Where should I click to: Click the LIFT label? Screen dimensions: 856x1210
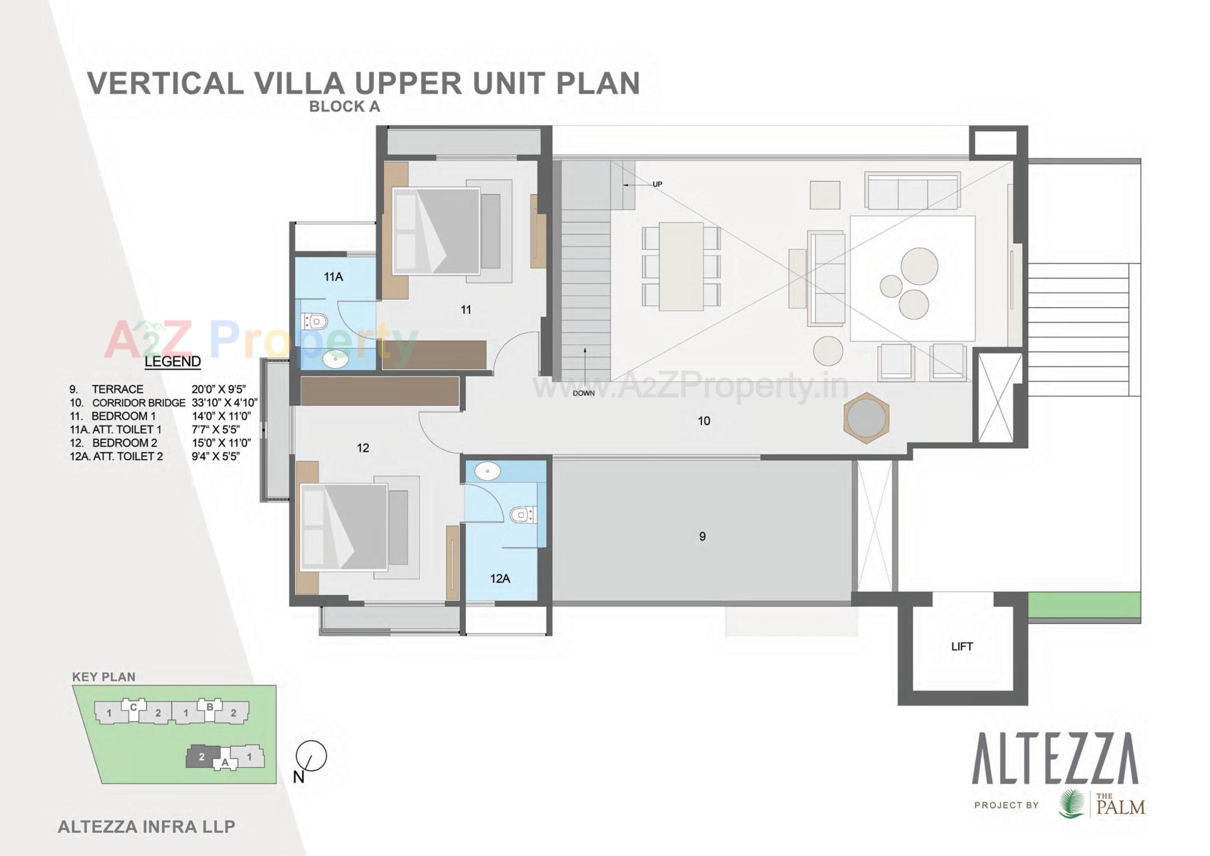pyautogui.click(x=962, y=647)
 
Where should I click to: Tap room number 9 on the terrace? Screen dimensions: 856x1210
pyautogui.click(x=702, y=537)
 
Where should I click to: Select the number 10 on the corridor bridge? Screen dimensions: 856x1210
pyautogui.click(x=704, y=421)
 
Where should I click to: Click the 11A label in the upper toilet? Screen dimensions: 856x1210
pyautogui.click(x=333, y=277)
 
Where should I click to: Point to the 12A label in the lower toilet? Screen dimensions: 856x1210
pyautogui.click(x=500, y=579)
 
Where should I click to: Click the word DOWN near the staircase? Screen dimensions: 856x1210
pyautogui.click(x=584, y=393)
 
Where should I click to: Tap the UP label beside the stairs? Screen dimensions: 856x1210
pyautogui.click(x=657, y=185)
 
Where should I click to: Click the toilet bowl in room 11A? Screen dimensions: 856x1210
pyautogui.click(x=314, y=322)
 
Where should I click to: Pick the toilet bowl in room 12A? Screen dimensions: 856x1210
pyautogui.click(x=522, y=515)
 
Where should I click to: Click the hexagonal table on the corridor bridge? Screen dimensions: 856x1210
pyautogui.click(x=867, y=418)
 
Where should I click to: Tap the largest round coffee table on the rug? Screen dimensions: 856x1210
pyautogui.click(x=919, y=266)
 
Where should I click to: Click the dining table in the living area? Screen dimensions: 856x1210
pyautogui.click(x=681, y=267)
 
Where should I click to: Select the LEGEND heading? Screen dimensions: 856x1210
pyautogui.click(x=172, y=362)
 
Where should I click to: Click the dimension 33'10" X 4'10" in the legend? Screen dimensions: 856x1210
pyautogui.click(x=224, y=403)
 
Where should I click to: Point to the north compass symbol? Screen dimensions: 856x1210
pyautogui.click(x=311, y=757)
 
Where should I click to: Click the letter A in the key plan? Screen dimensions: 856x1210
pyautogui.click(x=225, y=763)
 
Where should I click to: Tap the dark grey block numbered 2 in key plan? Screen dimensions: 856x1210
pyautogui.click(x=202, y=757)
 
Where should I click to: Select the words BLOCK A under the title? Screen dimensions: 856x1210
pyautogui.click(x=345, y=107)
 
